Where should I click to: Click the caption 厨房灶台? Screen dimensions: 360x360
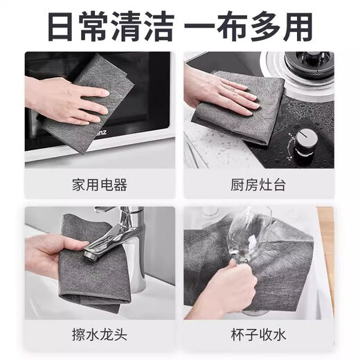coord(258,186)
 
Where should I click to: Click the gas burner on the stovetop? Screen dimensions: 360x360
coord(305,69)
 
